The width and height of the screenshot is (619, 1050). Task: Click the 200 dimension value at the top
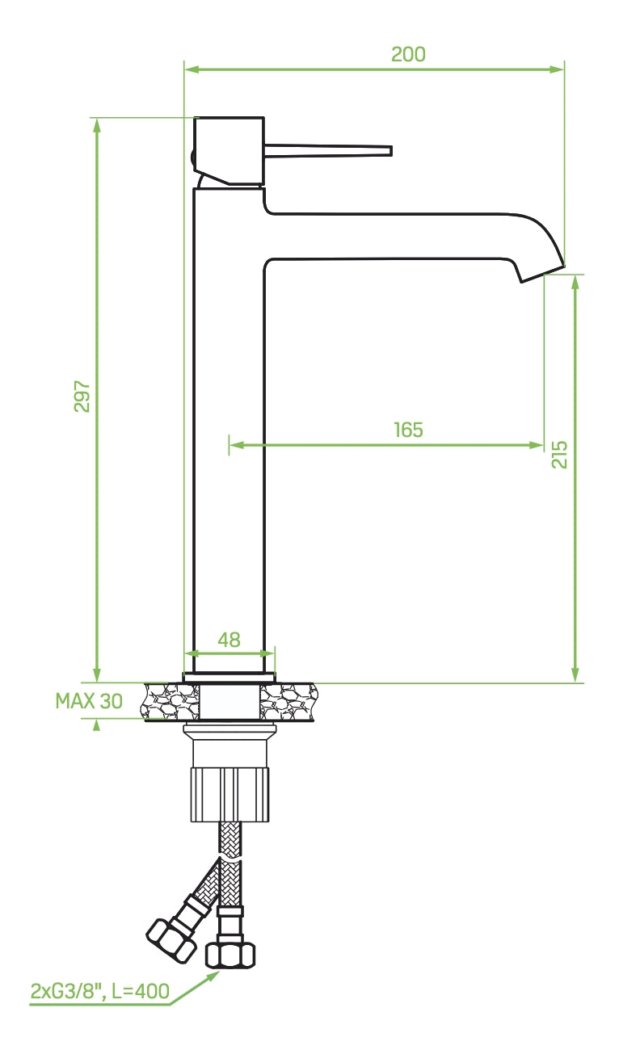point(408,55)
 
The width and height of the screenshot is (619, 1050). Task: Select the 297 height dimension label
point(82,396)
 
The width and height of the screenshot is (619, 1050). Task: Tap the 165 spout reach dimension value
point(408,430)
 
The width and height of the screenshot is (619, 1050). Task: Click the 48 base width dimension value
point(229,640)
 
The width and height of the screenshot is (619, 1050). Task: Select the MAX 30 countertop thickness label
point(89,700)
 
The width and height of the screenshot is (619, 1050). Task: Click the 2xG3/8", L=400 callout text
point(100,991)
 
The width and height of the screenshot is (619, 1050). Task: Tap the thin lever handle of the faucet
point(331,150)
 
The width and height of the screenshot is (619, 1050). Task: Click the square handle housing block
point(230,149)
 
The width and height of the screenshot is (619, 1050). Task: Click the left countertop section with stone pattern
point(171,702)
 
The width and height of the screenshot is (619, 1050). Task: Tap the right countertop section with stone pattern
point(288,702)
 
